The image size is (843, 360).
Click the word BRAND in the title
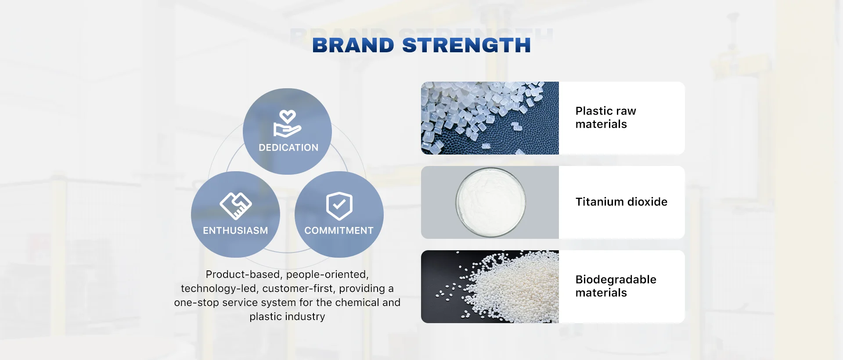click(353, 46)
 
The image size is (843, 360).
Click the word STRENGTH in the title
click(466, 46)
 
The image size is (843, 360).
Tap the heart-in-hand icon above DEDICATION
click(287, 124)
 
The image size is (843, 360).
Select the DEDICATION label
click(288, 148)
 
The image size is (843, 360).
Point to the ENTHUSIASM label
click(235, 231)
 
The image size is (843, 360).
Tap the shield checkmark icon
click(339, 205)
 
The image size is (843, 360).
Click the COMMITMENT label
click(339, 231)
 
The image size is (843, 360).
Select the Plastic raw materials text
click(605, 118)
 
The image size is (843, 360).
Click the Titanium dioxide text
click(621, 202)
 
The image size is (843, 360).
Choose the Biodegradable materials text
click(616, 286)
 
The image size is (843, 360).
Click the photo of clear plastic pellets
click(490, 118)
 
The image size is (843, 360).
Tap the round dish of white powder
click(490, 202)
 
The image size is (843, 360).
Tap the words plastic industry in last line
click(287, 317)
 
